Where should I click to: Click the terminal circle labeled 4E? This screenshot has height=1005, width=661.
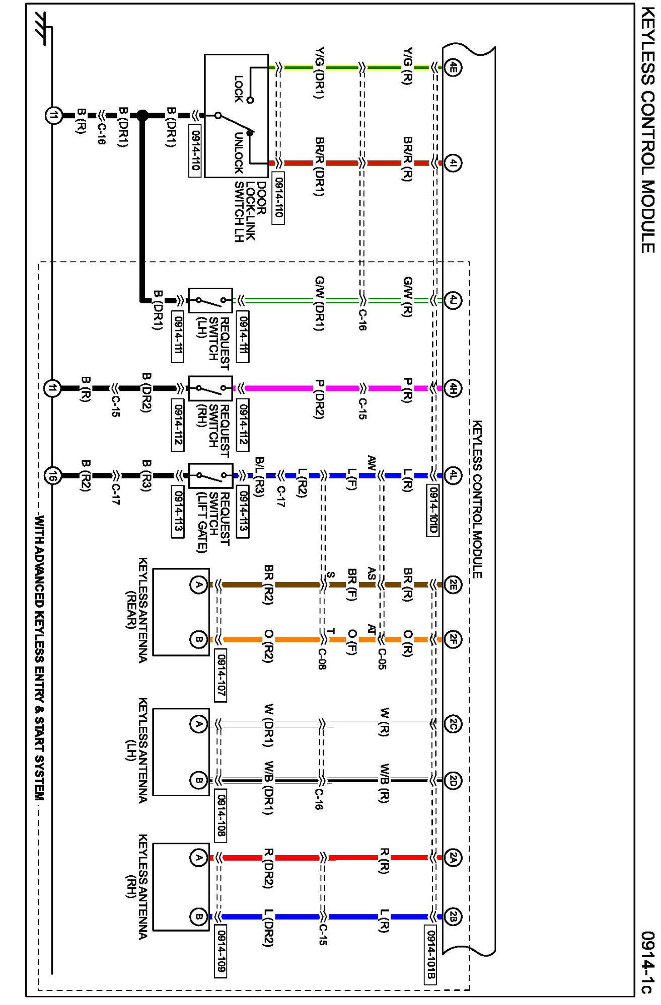pos(453,67)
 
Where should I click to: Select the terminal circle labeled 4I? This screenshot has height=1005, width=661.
pos(453,163)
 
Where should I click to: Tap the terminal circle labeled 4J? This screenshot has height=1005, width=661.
pos(453,300)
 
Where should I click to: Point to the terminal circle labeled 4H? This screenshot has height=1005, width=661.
pos(453,388)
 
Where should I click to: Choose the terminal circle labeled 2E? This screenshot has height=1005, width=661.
pos(453,584)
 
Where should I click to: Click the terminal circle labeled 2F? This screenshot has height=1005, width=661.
pos(453,639)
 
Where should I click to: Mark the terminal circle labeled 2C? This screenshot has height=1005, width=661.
pos(453,724)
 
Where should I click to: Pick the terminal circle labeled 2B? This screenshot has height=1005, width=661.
pos(453,916)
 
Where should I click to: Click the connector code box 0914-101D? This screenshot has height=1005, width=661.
pos(432,510)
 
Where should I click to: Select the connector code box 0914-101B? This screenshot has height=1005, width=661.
pos(430,954)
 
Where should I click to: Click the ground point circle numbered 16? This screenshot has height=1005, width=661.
pos(53,475)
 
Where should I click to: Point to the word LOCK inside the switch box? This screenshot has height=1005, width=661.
pos(239,89)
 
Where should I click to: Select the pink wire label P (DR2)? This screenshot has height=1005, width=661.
pos(319,399)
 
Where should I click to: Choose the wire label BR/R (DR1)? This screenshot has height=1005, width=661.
pos(319,166)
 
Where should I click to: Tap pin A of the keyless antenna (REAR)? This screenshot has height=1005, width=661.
pos(199,584)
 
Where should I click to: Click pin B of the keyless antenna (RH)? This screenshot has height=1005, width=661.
pos(199,916)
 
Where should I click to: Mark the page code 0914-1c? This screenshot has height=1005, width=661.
pos(648,962)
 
